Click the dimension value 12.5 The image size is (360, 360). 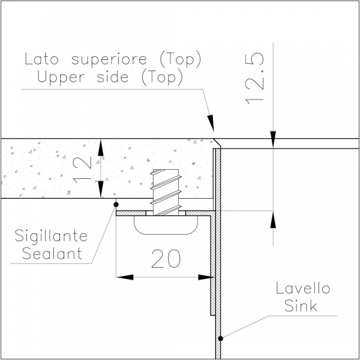[x=255, y=79]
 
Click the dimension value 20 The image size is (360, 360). [x=166, y=259]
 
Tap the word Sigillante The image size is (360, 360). [x=51, y=236]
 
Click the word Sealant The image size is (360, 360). [x=52, y=253]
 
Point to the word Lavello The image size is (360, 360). [x=303, y=288]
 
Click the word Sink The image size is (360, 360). [x=301, y=305]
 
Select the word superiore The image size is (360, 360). [x=109, y=59]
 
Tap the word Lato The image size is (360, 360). [x=41, y=59]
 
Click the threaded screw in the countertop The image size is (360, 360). [x=166, y=192]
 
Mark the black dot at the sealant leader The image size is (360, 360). [x=116, y=205]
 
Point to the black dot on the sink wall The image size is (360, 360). [x=220, y=338]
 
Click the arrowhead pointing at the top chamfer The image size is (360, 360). [x=211, y=123]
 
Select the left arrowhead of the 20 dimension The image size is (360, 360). [x=125, y=277]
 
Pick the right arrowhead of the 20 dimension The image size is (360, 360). [x=206, y=277]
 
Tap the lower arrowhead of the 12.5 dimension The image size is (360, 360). [x=273, y=220]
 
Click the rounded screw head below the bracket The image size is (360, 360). [x=166, y=225]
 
